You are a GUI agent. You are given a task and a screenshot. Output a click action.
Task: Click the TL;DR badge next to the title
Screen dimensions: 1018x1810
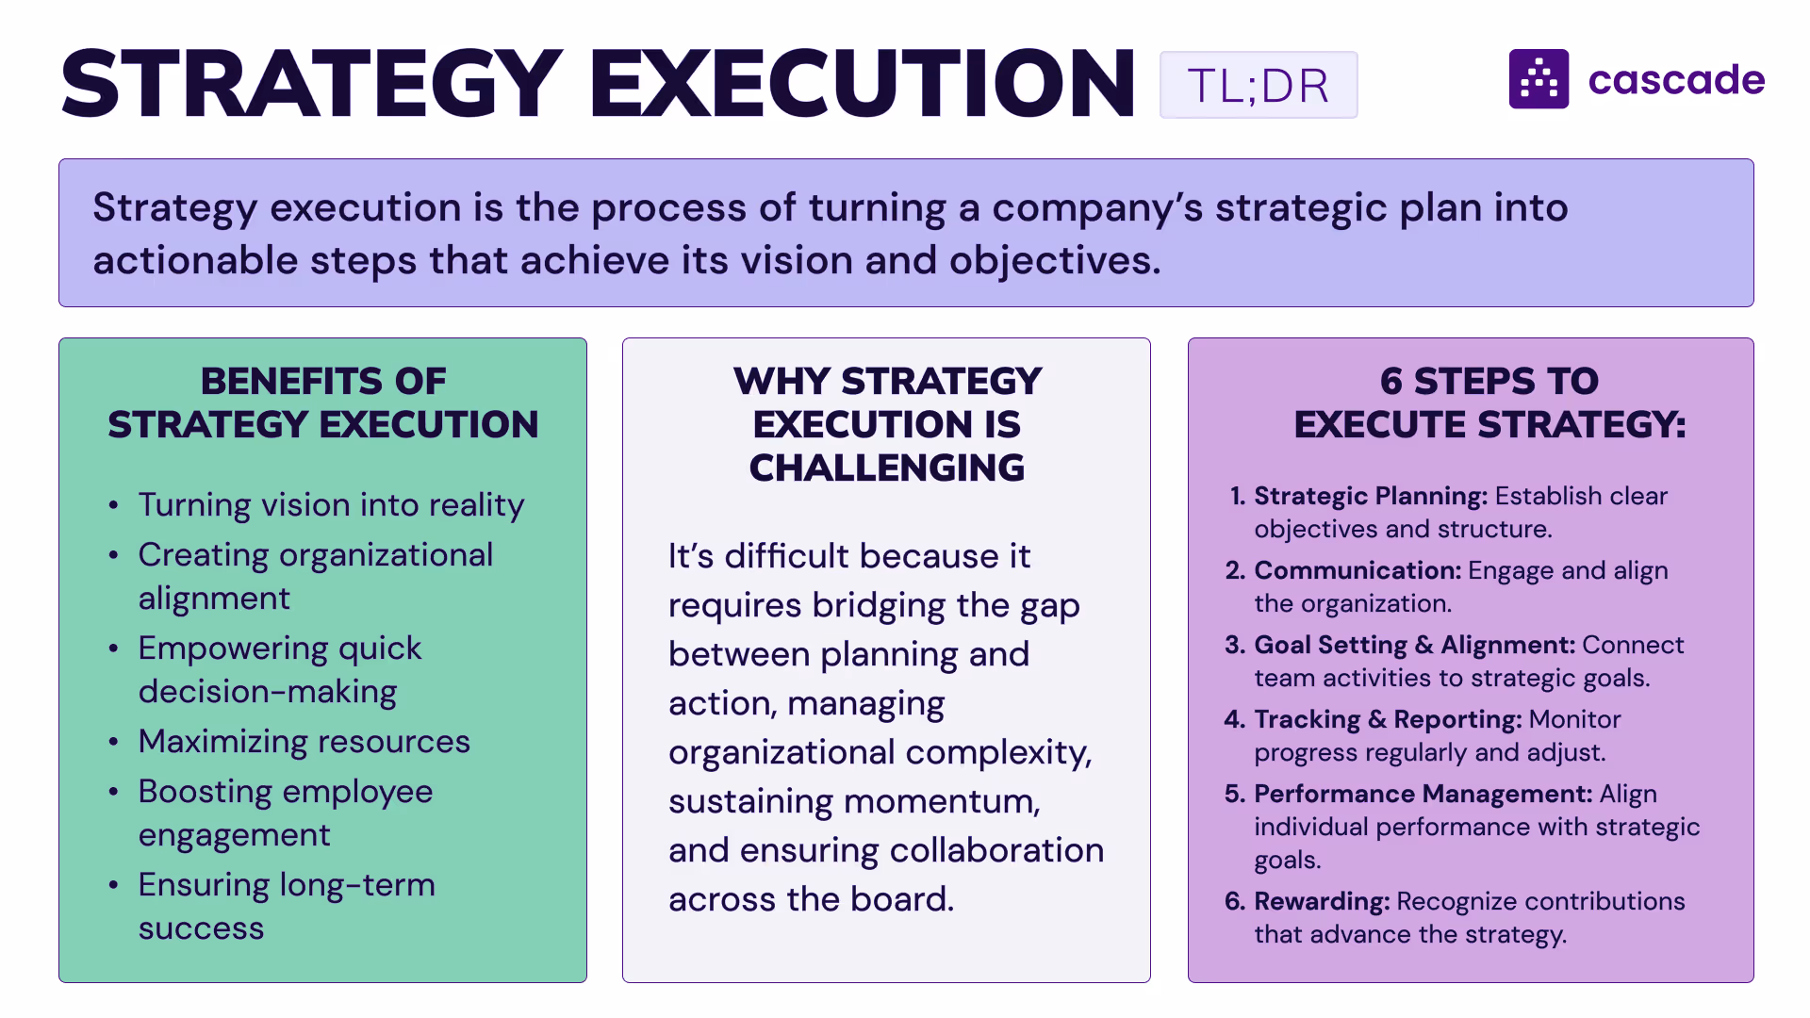1258,85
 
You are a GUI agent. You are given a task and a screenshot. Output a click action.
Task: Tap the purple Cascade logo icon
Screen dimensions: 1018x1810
1538,79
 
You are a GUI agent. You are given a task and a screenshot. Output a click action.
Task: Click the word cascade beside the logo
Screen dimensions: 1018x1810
1676,80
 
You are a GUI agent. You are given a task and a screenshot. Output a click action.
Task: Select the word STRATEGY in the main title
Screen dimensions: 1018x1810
312,84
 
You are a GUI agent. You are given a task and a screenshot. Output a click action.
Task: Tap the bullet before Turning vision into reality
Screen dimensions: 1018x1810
113,506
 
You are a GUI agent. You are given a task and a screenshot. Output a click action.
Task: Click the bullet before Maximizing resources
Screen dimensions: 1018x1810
113,743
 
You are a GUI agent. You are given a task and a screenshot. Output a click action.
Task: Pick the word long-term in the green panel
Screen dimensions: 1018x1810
357,885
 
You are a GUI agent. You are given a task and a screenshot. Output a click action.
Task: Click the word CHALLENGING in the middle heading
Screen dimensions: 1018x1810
886,468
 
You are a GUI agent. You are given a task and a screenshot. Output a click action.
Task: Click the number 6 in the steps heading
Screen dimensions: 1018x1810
1390,382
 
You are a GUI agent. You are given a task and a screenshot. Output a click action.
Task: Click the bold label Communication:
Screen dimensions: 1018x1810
1357,570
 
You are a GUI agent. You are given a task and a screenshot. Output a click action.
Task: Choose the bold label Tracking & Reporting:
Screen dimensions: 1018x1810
1388,719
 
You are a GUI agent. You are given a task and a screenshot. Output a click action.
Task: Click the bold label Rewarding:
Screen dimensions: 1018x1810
1322,901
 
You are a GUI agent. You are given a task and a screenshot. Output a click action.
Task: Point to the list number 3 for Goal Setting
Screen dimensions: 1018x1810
1233,645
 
